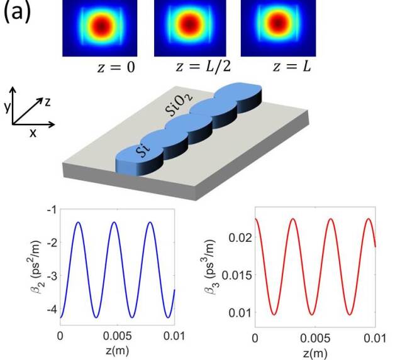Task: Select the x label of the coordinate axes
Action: [31, 133]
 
